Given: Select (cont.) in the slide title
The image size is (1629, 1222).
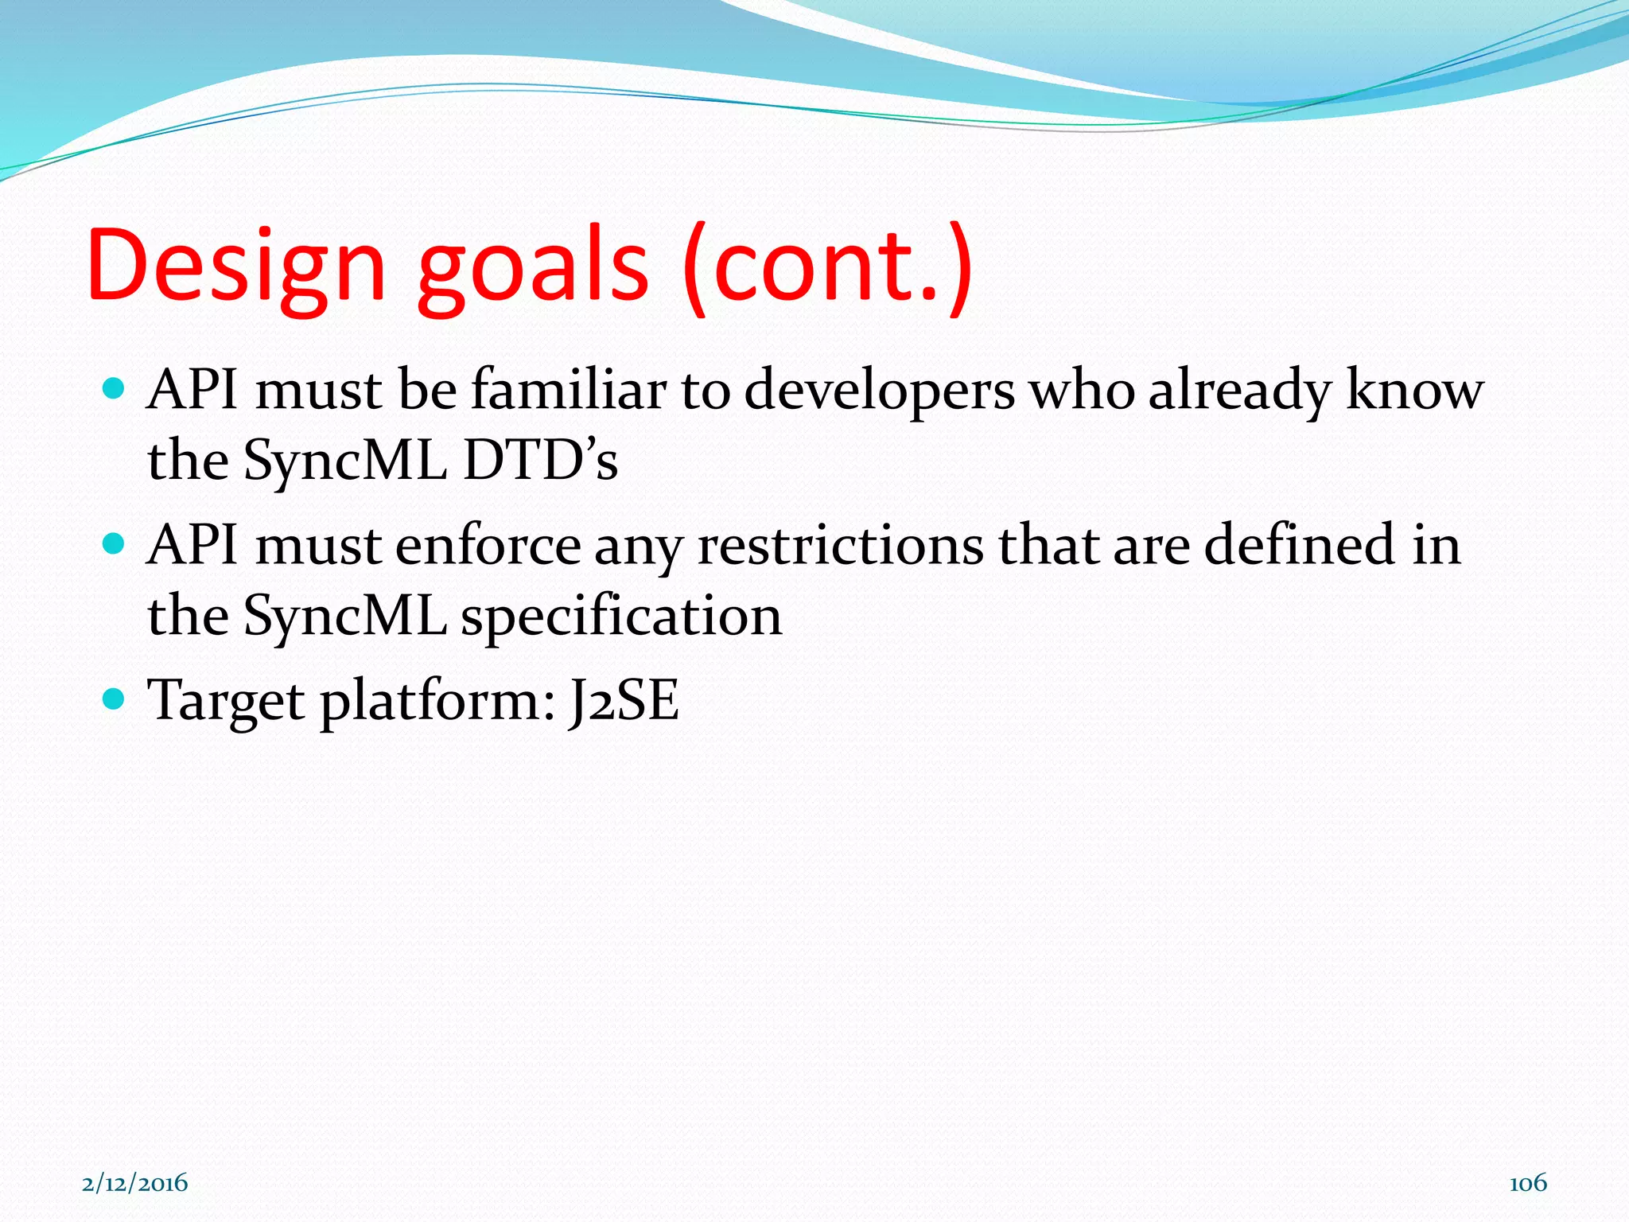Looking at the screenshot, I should pyautogui.click(x=827, y=267).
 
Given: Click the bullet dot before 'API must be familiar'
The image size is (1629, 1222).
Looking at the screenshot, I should pyautogui.click(x=115, y=389).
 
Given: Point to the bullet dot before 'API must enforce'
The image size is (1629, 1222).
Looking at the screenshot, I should pyautogui.click(x=115, y=544).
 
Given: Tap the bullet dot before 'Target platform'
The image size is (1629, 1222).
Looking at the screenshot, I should pyautogui.click(x=115, y=699).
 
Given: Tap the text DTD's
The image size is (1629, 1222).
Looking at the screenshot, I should pyautogui.click(x=540, y=460).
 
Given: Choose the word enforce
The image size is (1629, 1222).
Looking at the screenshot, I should pyautogui.click(x=488, y=546).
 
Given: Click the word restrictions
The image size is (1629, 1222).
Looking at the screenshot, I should pyautogui.click(x=840, y=546).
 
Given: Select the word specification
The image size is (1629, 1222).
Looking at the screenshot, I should pyautogui.click(x=621, y=617).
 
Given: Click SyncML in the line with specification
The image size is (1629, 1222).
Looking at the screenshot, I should pyautogui.click(x=344, y=617).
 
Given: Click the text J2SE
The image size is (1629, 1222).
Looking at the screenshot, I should pyautogui.click(x=624, y=700).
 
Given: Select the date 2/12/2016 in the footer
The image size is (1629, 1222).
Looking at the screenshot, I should pyautogui.click(x=135, y=1183).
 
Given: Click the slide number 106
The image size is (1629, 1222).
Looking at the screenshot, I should pyautogui.click(x=1527, y=1183).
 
